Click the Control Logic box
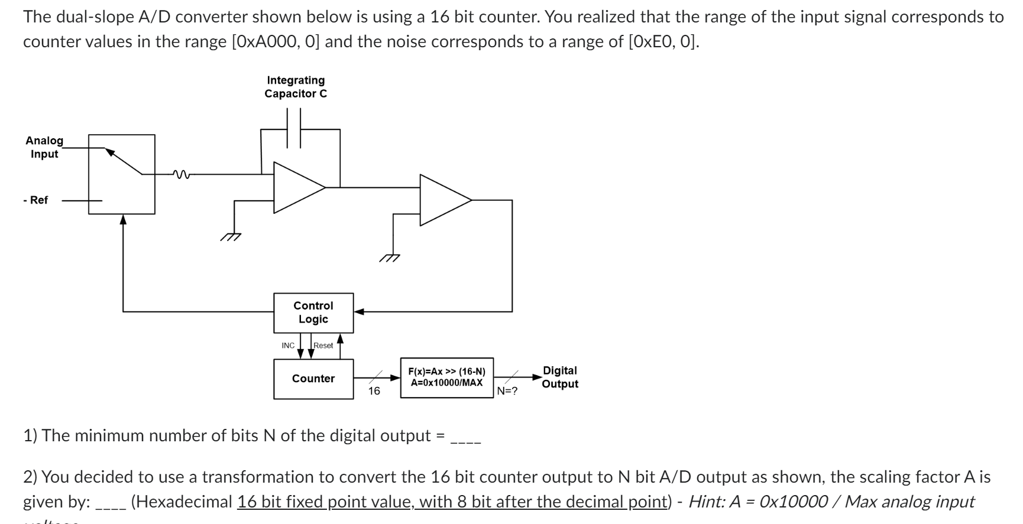[x=313, y=313]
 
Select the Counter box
[x=313, y=379]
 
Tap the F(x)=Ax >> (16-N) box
[x=446, y=377]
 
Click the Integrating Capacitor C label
[x=296, y=87]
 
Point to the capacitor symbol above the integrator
[x=294, y=129]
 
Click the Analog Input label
[x=44, y=147]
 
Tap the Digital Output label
[x=559, y=377]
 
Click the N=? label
[x=507, y=391]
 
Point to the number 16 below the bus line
[x=374, y=391]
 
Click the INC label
[x=288, y=346]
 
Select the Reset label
[x=323, y=346]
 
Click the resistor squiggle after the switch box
[x=181, y=174]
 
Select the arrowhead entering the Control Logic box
[x=359, y=311]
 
